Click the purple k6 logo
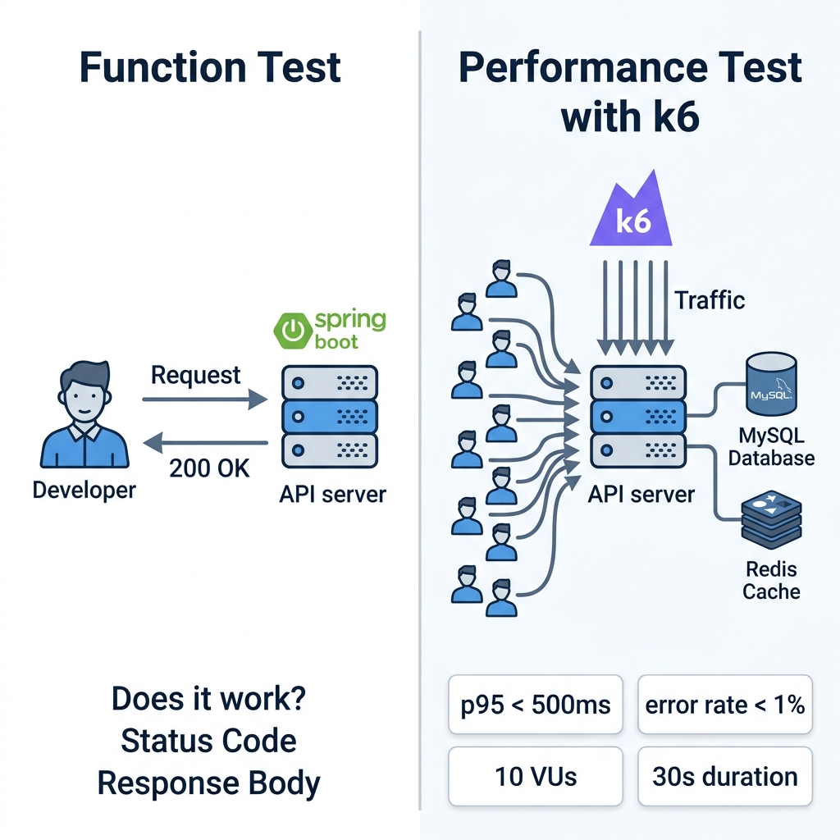point(631,211)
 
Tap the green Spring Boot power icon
point(293,331)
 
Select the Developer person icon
point(84,414)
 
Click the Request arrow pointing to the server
point(204,399)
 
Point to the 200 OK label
point(209,468)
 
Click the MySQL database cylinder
point(771,384)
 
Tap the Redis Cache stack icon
point(771,520)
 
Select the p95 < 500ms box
point(536,705)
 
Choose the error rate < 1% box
point(725,705)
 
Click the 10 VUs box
point(536,776)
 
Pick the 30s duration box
point(725,776)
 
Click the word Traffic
point(710,300)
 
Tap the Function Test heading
point(210,67)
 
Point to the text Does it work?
point(209,699)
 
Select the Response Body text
point(209,783)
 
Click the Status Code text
point(209,741)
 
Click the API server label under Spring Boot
point(333,495)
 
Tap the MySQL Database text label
point(771,447)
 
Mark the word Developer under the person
point(84,491)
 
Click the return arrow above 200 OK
point(205,443)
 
